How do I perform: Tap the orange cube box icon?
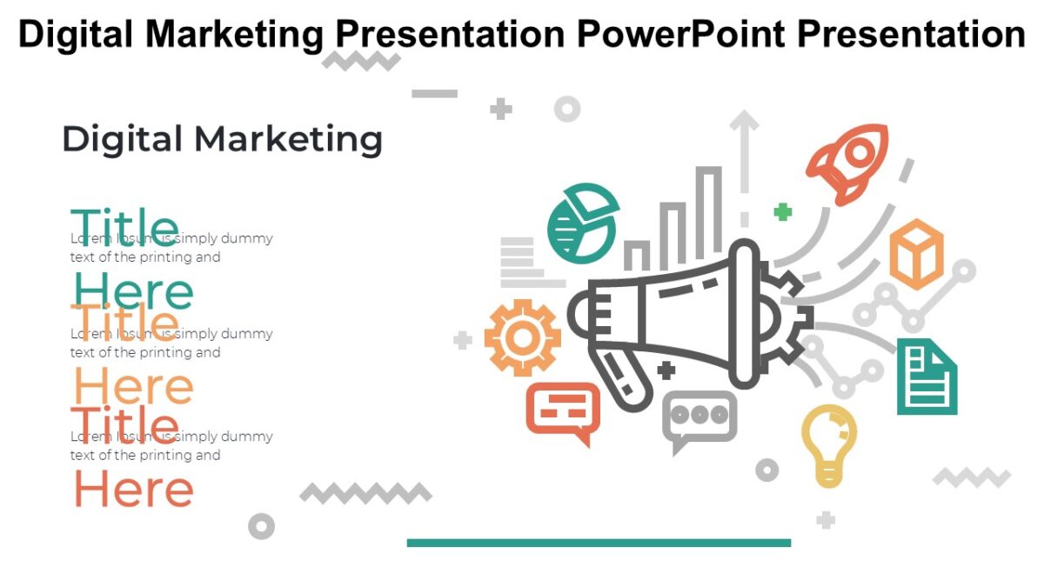(x=916, y=254)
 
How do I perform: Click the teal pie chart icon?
(x=582, y=223)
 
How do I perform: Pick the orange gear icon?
(x=522, y=337)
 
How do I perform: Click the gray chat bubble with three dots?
(x=699, y=418)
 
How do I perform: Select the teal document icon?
(x=927, y=377)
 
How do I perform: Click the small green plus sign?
(x=783, y=211)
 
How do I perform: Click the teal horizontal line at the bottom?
(x=599, y=543)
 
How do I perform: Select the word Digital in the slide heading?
(x=122, y=140)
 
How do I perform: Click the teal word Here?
(x=133, y=291)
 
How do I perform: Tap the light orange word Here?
(x=133, y=386)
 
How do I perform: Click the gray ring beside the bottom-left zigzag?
(x=261, y=526)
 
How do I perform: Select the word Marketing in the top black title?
(x=236, y=34)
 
